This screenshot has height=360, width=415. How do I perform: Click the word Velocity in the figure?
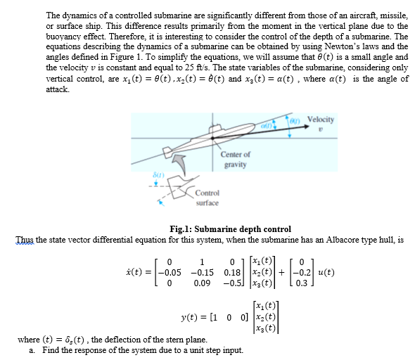click(x=321, y=120)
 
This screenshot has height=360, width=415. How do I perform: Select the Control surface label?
click(x=207, y=198)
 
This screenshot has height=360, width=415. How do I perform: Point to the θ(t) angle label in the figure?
click(x=297, y=120)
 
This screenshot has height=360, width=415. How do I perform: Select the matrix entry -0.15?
click(x=203, y=271)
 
